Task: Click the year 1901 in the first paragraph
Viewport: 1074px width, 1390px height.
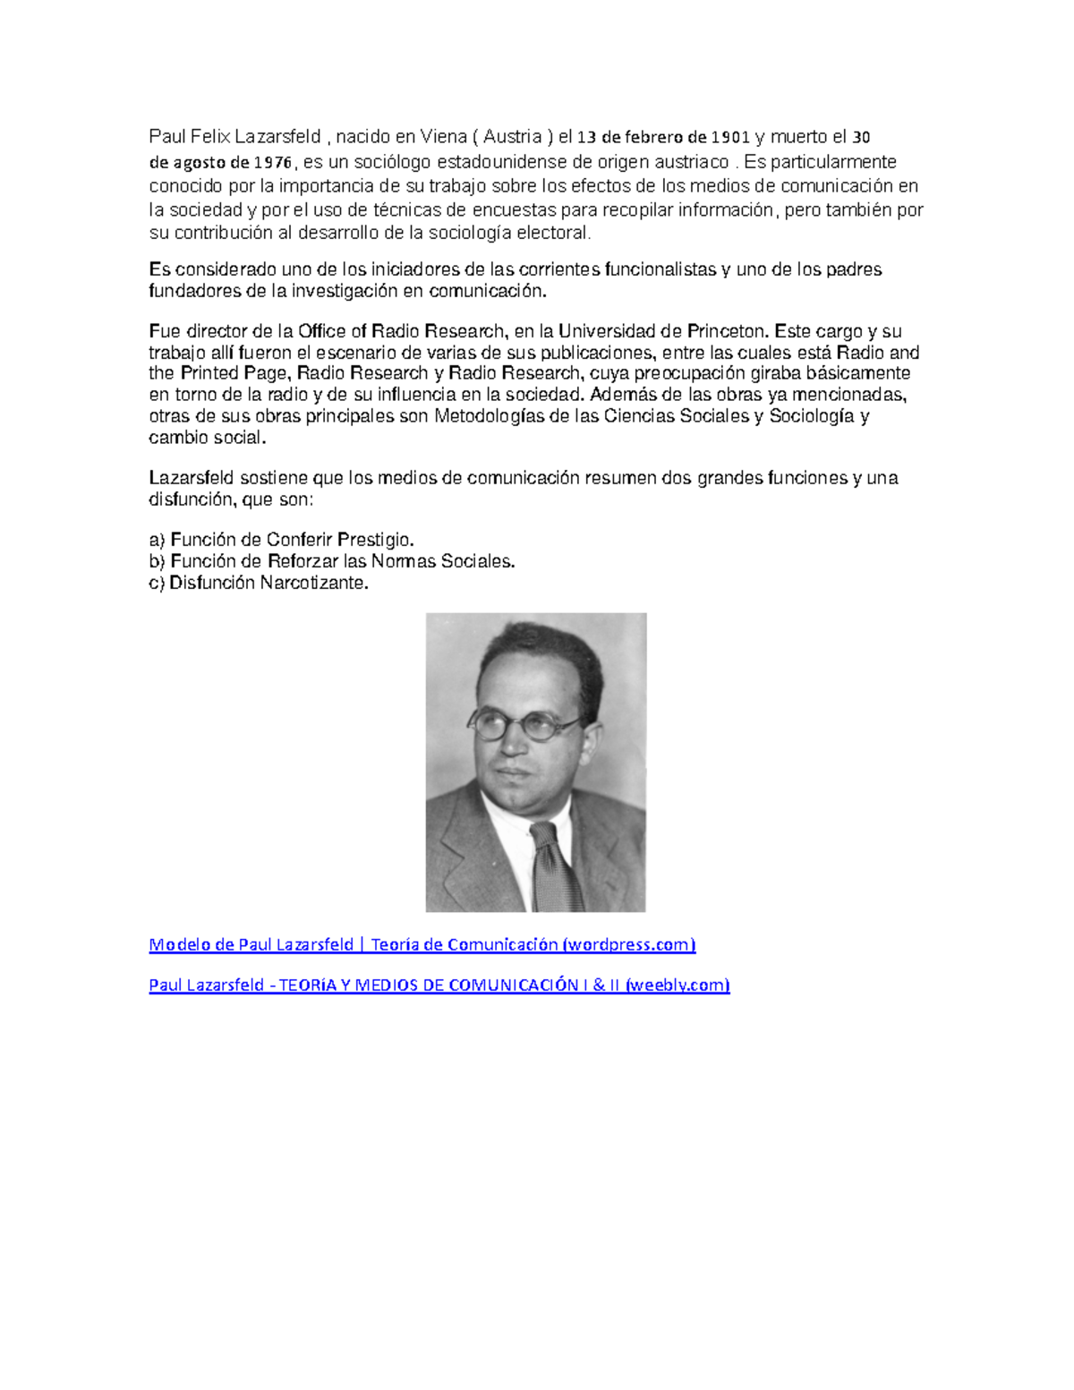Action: point(730,137)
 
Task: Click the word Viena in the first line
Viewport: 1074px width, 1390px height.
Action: point(443,137)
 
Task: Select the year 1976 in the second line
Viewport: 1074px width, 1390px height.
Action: point(273,162)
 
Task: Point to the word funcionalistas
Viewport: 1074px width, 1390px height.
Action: point(661,269)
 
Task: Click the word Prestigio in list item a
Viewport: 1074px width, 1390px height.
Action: point(374,540)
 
